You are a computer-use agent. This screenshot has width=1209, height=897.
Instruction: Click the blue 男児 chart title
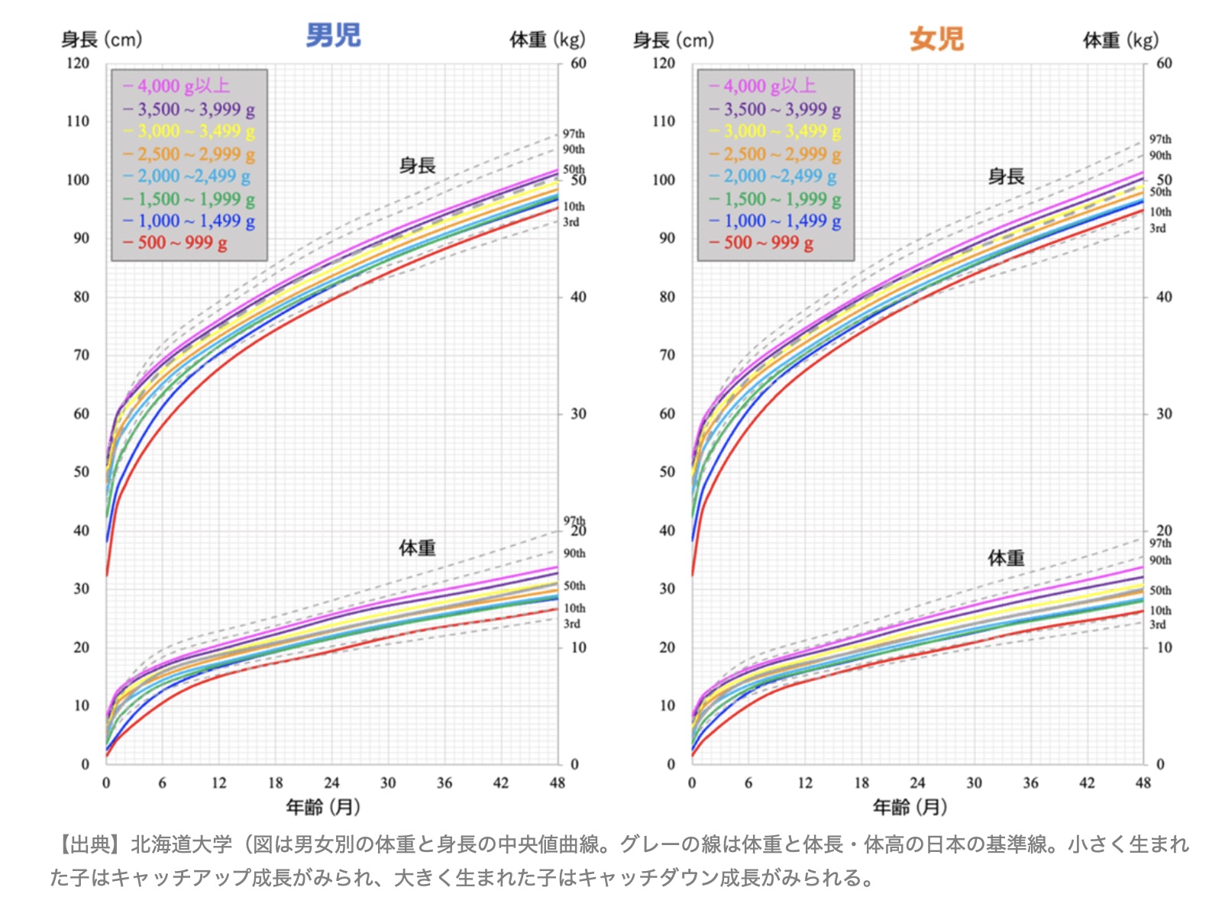point(333,36)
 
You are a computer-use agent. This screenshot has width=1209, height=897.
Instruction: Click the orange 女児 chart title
point(936,39)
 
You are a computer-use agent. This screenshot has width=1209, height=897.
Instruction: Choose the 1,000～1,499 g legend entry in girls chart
point(775,221)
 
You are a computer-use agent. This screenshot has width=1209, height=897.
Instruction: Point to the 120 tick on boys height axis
point(78,63)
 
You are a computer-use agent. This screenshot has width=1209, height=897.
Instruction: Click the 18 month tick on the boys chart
point(275,782)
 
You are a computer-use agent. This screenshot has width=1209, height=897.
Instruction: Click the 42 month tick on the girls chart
point(1086,782)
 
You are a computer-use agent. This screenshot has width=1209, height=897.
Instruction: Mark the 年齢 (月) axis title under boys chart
point(323,806)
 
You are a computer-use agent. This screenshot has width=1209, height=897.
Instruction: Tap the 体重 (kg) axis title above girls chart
point(1120,40)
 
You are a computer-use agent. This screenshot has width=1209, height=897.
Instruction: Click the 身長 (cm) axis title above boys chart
point(102,40)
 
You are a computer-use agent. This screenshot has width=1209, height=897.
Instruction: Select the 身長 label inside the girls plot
point(1006,177)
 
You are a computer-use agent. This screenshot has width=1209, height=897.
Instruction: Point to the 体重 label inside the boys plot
point(417,548)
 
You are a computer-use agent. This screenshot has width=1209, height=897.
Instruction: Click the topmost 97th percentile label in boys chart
point(574,134)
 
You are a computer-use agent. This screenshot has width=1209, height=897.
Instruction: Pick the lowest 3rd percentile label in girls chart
point(1158,624)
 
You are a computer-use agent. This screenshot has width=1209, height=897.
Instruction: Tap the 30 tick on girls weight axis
point(1164,414)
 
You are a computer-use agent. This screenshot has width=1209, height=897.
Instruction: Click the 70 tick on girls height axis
point(667,355)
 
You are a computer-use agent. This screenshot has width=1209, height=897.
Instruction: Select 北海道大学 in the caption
point(181,844)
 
